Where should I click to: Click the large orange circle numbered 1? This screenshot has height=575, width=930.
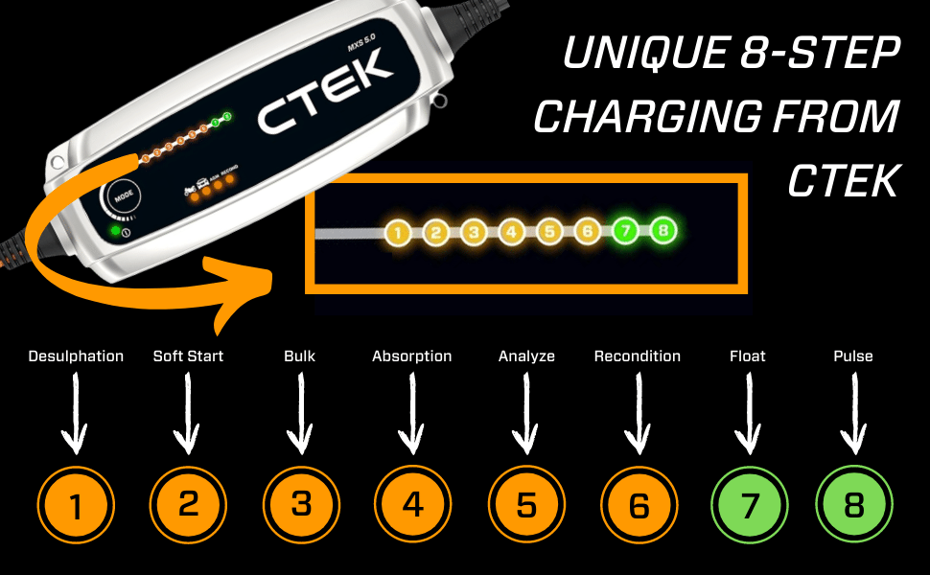click(x=76, y=504)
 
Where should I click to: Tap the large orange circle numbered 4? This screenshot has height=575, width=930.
click(x=413, y=504)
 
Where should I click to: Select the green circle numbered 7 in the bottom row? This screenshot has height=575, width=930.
click(x=750, y=504)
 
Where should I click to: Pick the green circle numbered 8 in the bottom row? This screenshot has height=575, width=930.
click(x=853, y=504)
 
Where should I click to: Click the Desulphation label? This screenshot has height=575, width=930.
click(x=76, y=356)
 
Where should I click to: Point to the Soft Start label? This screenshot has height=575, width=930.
click(x=188, y=356)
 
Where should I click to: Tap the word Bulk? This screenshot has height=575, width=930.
click(x=300, y=356)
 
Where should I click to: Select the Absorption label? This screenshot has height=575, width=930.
click(x=412, y=356)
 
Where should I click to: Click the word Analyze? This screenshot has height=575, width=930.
click(x=526, y=356)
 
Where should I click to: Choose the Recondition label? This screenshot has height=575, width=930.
click(x=638, y=356)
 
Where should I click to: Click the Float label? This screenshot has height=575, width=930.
click(x=748, y=356)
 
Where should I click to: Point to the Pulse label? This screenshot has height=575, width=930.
click(x=853, y=356)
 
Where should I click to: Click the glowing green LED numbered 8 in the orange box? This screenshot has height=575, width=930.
click(x=663, y=232)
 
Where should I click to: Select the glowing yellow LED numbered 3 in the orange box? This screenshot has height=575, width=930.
click(x=473, y=232)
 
